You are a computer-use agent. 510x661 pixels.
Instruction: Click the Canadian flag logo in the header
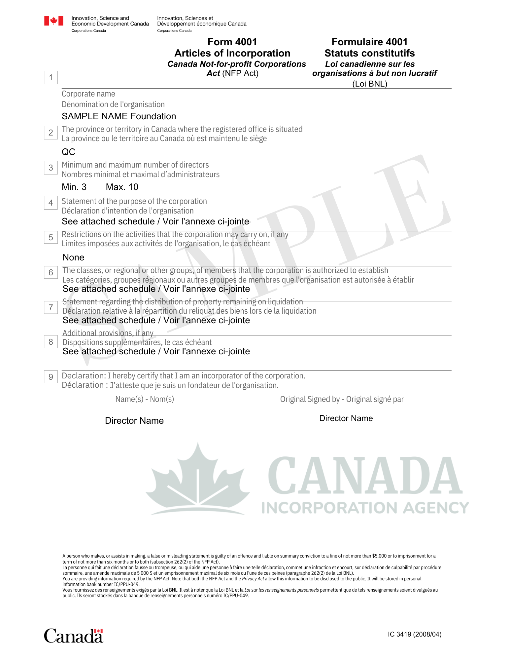(53, 21)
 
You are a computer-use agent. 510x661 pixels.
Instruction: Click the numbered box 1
(51, 78)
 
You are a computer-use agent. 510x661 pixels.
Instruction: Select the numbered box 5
(51, 238)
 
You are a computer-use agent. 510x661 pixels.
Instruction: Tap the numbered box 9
(51, 377)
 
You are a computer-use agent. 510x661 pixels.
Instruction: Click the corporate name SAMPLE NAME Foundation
(119, 116)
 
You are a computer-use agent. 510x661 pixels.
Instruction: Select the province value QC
(69, 152)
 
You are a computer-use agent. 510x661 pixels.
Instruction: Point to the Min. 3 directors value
(74, 187)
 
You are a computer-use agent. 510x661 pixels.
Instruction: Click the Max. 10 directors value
(122, 187)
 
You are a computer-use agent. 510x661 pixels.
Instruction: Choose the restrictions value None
(73, 257)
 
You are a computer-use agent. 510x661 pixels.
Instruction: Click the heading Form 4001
(232, 42)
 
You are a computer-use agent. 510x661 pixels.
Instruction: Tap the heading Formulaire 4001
(369, 42)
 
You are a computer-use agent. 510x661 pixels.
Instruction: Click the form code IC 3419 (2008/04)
(415, 634)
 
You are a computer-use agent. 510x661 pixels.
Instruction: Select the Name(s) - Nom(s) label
(145, 399)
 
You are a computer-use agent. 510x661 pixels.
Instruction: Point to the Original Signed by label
(342, 399)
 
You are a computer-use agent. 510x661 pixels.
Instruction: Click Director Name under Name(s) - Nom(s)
(134, 421)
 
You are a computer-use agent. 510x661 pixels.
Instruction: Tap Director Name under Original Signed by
(346, 418)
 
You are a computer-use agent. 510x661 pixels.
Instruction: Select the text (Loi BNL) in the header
(369, 84)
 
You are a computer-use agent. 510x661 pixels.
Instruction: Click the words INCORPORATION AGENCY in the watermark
(365, 508)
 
